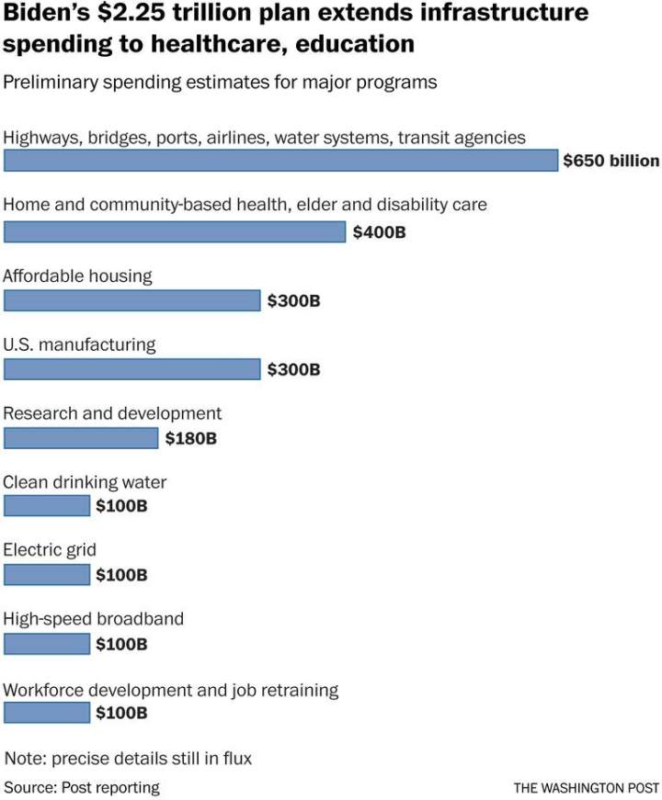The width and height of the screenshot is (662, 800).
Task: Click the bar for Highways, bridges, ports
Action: point(281,160)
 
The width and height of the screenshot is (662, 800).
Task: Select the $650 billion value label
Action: point(611,161)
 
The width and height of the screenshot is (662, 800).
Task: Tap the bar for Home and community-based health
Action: point(175,231)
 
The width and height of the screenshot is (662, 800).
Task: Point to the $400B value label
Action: point(380,232)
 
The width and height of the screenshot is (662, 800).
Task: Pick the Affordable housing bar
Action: point(131,300)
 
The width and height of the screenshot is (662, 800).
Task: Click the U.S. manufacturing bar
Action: point(131,369)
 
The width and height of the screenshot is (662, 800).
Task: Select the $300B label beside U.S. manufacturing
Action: point(293,369)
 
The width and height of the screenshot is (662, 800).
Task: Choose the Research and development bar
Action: point(81,438)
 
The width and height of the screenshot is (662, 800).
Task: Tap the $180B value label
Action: point(191,438)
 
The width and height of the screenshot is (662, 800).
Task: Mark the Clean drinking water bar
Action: point(47,505)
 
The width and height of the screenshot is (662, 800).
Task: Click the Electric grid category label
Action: point(50,550)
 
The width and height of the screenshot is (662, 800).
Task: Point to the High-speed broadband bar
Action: point(47,644)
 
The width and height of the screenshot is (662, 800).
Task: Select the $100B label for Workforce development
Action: point(121,713)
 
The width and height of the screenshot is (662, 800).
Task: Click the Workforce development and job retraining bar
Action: point(47,713)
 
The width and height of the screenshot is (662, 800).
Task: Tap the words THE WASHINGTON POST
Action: point(587,788)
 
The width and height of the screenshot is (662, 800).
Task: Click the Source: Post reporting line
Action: point(82,788)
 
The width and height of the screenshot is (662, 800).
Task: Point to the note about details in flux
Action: point(128,758)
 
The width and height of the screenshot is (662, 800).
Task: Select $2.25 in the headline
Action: point(131,12)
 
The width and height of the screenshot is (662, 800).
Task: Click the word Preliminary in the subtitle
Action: point(50,83)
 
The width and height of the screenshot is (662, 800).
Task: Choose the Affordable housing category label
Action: point(77,276)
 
